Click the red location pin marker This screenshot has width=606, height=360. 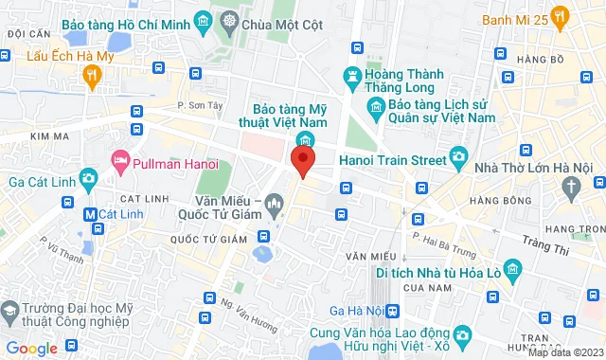click(302, 160)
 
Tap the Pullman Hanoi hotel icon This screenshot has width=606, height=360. click(120, 160)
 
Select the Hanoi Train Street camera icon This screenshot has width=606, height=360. click(458, 157)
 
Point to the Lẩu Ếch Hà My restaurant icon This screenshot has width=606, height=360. click(91, 77)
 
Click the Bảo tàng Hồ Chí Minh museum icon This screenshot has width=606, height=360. click(201, 20)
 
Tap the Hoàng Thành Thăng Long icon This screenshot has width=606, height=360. click(354, 75)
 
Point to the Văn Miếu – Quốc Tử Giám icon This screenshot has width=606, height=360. click(274, 202)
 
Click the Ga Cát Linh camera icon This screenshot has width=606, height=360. click(88, 178)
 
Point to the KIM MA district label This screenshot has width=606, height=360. click(18, 137)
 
